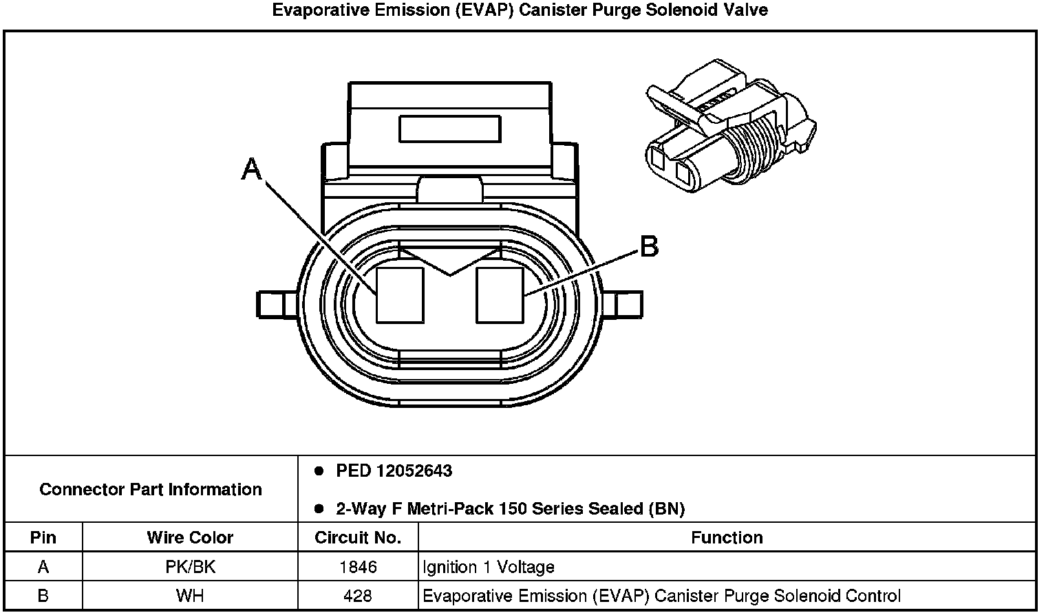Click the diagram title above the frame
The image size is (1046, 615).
[520, 10]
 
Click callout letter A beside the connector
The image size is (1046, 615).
[252, 168]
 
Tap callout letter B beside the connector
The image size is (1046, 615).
[649, 246]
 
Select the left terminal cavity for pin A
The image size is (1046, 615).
[400, 294]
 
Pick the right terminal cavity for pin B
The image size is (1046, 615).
[500, 294]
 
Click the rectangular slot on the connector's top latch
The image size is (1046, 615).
[450, 129]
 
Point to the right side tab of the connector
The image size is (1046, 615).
[628, 303]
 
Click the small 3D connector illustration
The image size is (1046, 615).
[731, 127]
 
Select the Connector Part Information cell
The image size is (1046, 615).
[151, 489]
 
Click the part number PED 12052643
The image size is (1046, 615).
[394, 471]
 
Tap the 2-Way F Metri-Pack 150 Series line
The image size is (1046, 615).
[510, 509]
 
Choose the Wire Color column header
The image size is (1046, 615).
[190, 537]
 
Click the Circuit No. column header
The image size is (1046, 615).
[358, 537]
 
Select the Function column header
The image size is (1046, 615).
[727, 537]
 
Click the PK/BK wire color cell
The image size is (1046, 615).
[190, 567]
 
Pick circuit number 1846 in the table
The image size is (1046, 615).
[358, 567]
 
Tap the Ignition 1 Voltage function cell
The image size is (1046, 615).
[489, 567]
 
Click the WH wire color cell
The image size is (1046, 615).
[190, 596]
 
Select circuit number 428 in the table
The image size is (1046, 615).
[358, 596]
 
